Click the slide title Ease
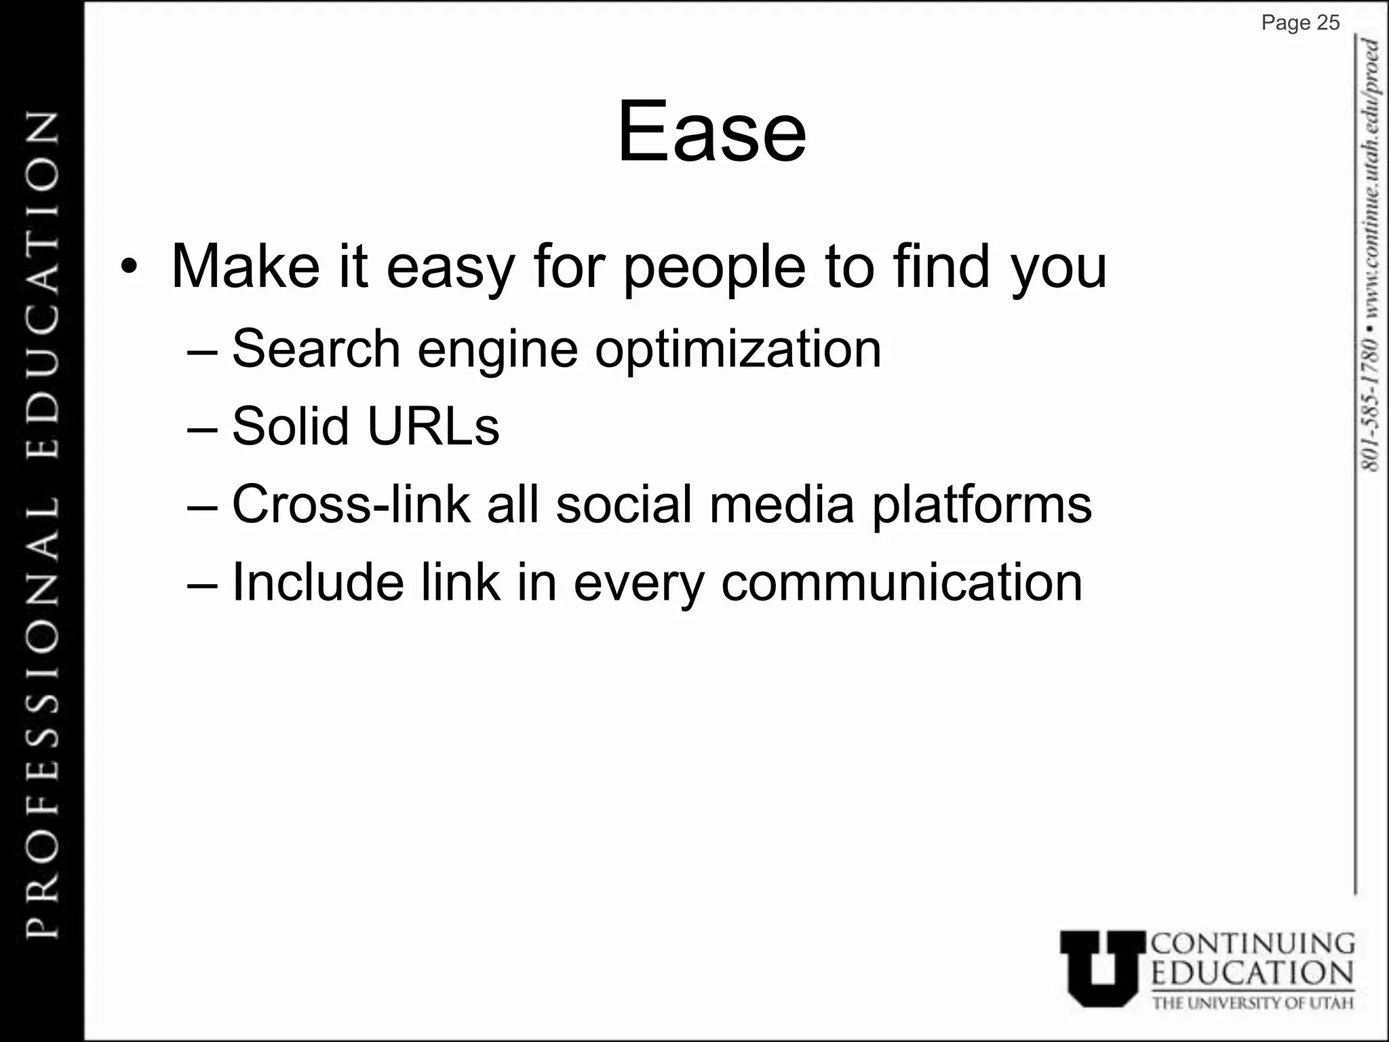[x=711, y=132]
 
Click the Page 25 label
[x=1300, y=23]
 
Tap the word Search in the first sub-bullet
[x=316, y=349]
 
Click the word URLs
[x=433, y=427]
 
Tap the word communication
[x=901, y=583]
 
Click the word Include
[x=318, y=582]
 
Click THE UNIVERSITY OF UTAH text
[x=1253, y=1003]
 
